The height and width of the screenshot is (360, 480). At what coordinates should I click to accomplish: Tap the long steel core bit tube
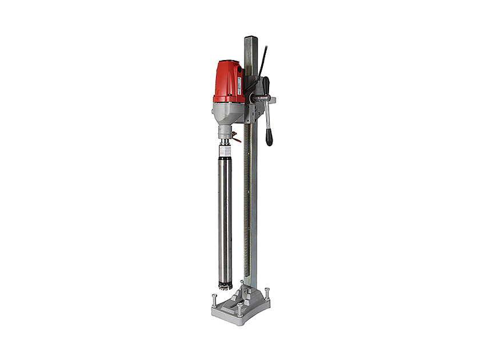(x=225, y=217)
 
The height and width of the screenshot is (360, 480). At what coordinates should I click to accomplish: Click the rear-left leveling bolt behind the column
(x=242, y=283)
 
